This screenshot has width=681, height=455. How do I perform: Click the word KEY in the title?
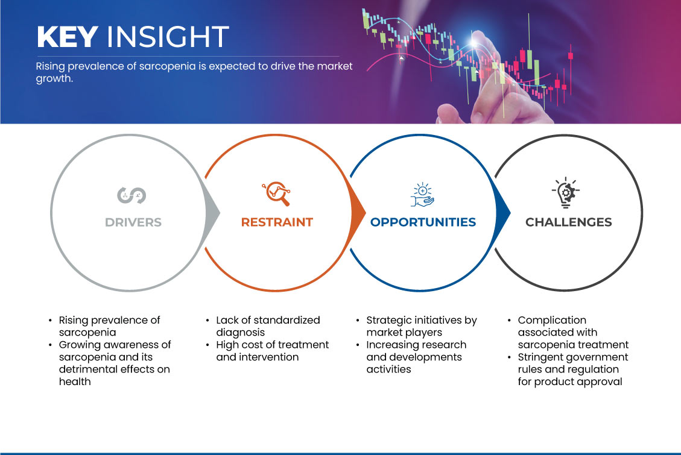[68, 36]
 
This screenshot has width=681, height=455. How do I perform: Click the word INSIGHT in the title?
[168, 36]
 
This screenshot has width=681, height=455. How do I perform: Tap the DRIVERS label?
[133, 222]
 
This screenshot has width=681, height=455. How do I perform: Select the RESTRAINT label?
[277, 222]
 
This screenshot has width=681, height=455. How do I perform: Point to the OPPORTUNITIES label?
[423, 222]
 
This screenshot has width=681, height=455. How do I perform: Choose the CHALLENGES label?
[569, 222]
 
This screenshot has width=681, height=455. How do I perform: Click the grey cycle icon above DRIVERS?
[131, 195]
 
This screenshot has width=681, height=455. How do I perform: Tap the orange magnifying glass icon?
[276, 193]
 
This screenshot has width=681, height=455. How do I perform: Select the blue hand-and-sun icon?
[423, 195]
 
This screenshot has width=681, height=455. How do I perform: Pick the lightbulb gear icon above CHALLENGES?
[565, 192]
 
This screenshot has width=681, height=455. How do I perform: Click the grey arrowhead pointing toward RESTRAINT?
[213, 213]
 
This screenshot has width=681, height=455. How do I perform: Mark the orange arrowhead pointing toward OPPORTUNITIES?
[358, 213]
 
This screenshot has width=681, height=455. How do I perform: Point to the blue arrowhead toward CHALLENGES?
[503, 213]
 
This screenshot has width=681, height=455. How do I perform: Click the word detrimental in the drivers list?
[87, 369]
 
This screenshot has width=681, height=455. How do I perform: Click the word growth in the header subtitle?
[54, 79]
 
